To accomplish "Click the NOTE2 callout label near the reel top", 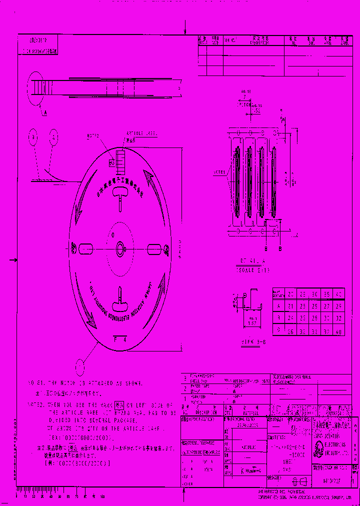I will [93, 135].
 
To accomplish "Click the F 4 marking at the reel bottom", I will [120, 338].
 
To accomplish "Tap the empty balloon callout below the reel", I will [80, 367].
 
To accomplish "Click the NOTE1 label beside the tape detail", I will [219, 172].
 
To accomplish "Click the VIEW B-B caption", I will [254, 341].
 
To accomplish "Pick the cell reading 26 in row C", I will [290, 331].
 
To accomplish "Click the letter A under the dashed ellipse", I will [44, 113].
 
